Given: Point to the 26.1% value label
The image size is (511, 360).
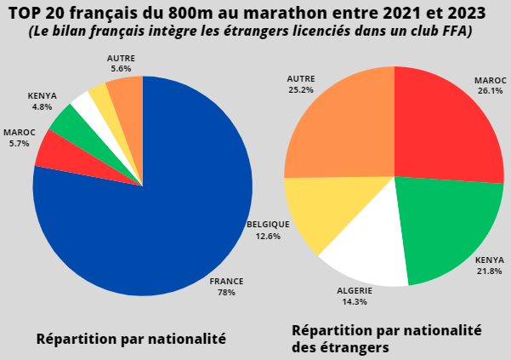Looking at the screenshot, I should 490,90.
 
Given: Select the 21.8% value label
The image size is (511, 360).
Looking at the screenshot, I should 489,271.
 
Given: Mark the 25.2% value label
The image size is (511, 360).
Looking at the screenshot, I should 301,89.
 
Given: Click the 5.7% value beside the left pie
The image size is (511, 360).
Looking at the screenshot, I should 16,143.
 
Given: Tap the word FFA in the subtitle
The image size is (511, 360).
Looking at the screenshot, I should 456,31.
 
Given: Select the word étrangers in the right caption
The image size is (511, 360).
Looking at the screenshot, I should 355,347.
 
